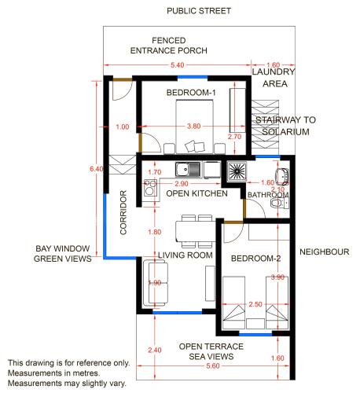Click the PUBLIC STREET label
click(199, 11)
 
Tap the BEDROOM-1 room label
click(191, 93)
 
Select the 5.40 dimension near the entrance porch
click(178, 65)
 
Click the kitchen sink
click(188, 169)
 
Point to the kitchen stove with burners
click(150, 188)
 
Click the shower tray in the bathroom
click(237, 171)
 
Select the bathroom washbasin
click(282, 176)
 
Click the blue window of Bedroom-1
click(193, 77)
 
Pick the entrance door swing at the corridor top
click(122, 90)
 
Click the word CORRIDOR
click(123, 212)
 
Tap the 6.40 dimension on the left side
click(96, 169)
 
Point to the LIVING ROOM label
click(186, 255)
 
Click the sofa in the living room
click(156, 283)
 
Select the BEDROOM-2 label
click(255, 259)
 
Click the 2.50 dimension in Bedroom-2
click(255, 304)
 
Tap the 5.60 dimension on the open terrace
click(213, 365)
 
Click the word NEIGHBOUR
click(325, 252)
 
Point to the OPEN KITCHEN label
click(197, 193)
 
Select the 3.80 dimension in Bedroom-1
click(194, 127)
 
